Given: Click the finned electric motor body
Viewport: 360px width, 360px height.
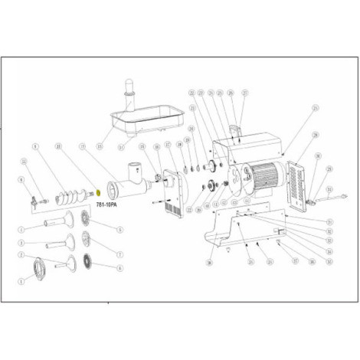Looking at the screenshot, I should [x=265, y=178].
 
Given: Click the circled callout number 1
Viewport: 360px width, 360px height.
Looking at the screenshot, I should [x=22, y=280].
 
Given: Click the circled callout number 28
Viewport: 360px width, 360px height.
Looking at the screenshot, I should [x=209, y=262].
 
